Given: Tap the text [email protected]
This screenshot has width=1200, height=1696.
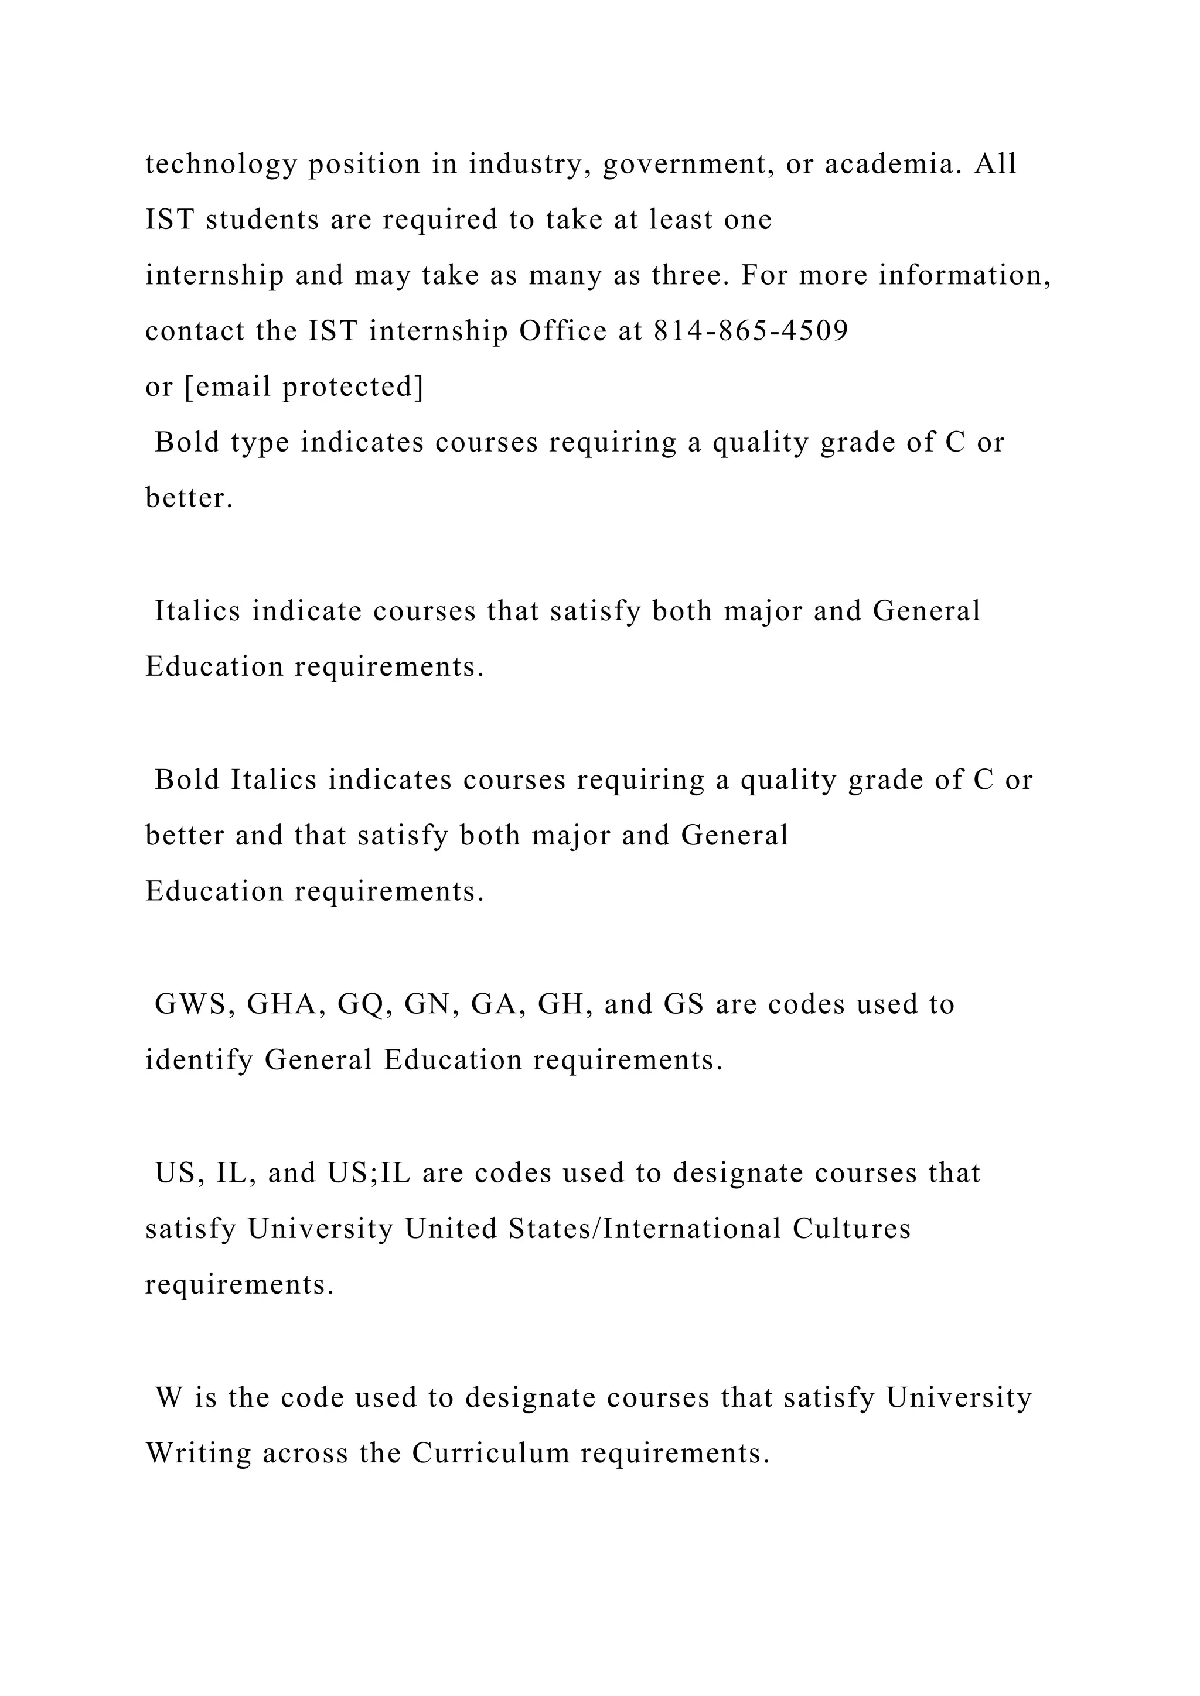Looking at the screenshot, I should click(x=304, y=387).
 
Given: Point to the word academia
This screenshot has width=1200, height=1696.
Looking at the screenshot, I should click(x=894, y=164).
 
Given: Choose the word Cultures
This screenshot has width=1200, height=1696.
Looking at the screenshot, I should click(x=852, y=1229).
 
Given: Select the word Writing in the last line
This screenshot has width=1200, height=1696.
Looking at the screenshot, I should click(x=199, y=1453).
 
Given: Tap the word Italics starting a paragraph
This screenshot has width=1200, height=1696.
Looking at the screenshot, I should click(x=197, y=611).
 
